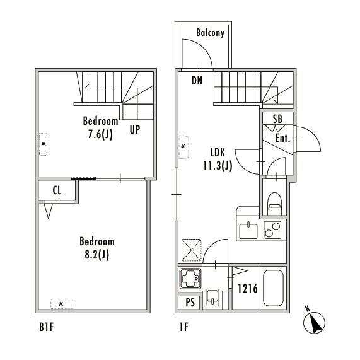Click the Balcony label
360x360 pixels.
click(210, 33)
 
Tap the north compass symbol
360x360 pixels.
click(314, 322)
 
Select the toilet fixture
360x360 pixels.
click(275, 204)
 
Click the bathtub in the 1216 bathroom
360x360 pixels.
click(273, 288)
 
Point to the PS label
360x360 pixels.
click(190, 303)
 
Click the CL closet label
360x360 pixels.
click(57, 190)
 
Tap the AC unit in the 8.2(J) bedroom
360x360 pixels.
click(62, 304)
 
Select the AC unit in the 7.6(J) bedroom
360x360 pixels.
click(44, 144)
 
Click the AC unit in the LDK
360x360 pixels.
click(183, 147)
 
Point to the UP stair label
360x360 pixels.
click(135, 130)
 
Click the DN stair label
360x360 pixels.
click(197, 81)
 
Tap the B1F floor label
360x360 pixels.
click(47, 327)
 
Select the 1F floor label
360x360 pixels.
click(183, 327)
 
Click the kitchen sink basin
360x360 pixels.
click(248, 231)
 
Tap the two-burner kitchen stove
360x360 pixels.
click(272, 230)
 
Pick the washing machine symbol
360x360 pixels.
click(190, 279)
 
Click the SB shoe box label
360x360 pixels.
click(277, 119)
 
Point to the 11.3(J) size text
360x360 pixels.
click(218, 166)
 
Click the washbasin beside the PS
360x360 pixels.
click(212, 298)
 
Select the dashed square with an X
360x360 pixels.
click(192, 250)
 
